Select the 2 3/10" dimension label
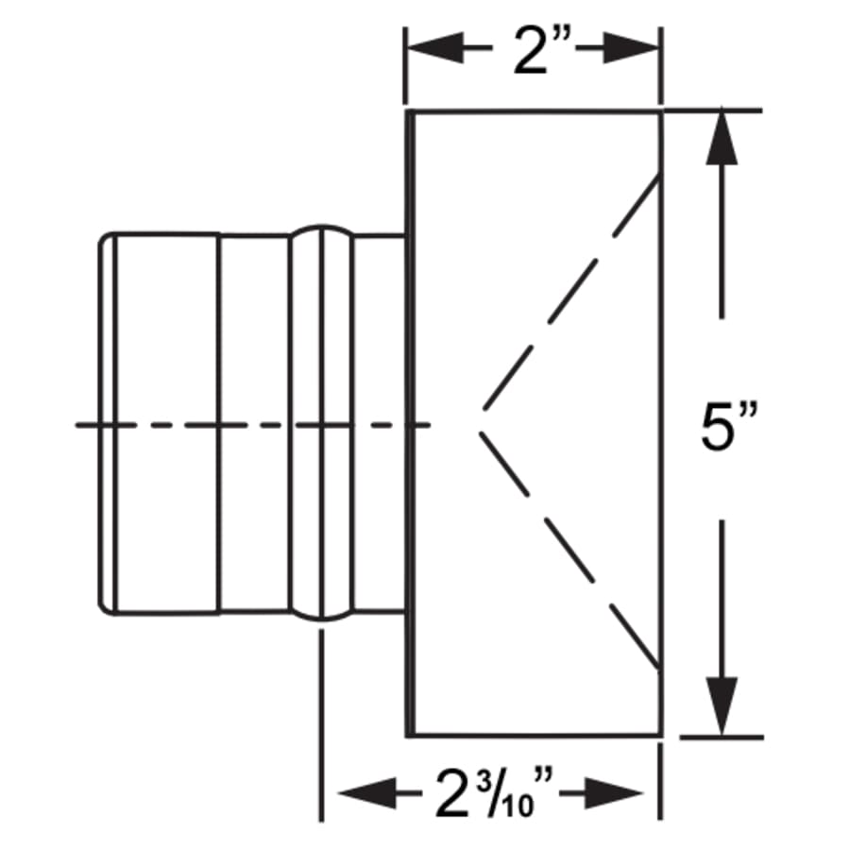coord(494,793)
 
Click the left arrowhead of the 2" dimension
coord(435,48)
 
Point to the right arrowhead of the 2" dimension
coord(631,48)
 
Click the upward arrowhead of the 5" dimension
coord(722,137)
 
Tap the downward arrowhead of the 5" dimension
coord(722,706)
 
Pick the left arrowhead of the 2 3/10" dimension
coord(367,793)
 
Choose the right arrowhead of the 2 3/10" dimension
coord(615,793)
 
